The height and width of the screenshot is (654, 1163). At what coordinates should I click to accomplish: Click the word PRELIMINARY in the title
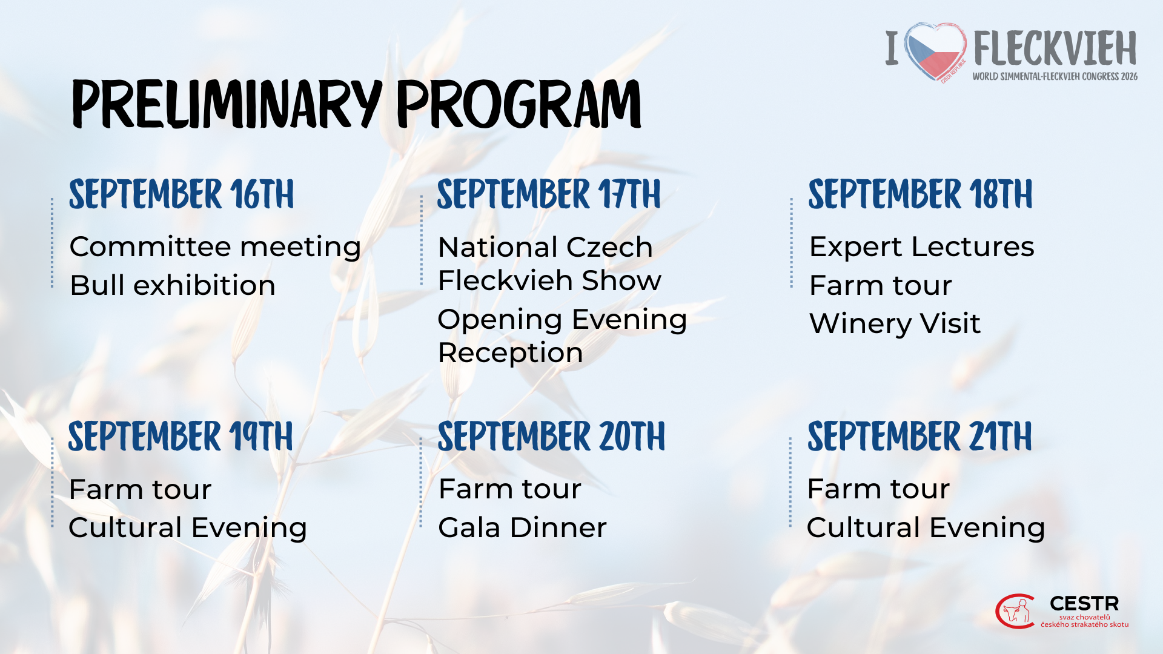(227, 104)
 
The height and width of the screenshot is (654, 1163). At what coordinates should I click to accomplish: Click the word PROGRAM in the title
(519, 104)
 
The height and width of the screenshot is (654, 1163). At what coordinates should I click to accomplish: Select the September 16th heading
(181, 194)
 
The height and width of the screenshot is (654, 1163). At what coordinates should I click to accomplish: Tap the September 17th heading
(549, 194)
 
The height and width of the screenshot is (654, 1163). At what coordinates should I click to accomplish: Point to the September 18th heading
(920, 194)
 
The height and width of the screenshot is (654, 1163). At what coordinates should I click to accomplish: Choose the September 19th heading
(181, 437)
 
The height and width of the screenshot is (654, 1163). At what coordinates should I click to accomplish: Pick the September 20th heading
(551, 437)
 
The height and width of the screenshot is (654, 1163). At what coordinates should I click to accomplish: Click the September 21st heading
(919, 437)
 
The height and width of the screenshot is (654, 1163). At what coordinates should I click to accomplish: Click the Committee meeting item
(215, 248)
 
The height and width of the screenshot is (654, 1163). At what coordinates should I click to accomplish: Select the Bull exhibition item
(173, 285)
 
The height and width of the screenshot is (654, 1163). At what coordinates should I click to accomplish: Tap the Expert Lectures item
(922, 248)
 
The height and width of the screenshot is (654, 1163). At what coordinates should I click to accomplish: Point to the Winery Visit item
(895, 323)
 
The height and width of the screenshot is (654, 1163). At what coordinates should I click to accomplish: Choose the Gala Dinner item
(522, 527)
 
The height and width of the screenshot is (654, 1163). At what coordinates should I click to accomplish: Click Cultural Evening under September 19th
(188, 528)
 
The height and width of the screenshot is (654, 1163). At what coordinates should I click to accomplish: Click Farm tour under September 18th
(881, 285)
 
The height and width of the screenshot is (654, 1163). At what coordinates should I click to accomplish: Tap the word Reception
(511, 353)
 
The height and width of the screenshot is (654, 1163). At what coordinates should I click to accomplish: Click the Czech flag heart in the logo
(935, 52)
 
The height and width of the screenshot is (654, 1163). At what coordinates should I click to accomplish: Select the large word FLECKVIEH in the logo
(1055, 48)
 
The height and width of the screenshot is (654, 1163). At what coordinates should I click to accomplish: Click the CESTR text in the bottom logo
(1084, 604)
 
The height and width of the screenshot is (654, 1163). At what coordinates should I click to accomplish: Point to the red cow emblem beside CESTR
(1016, 612)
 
